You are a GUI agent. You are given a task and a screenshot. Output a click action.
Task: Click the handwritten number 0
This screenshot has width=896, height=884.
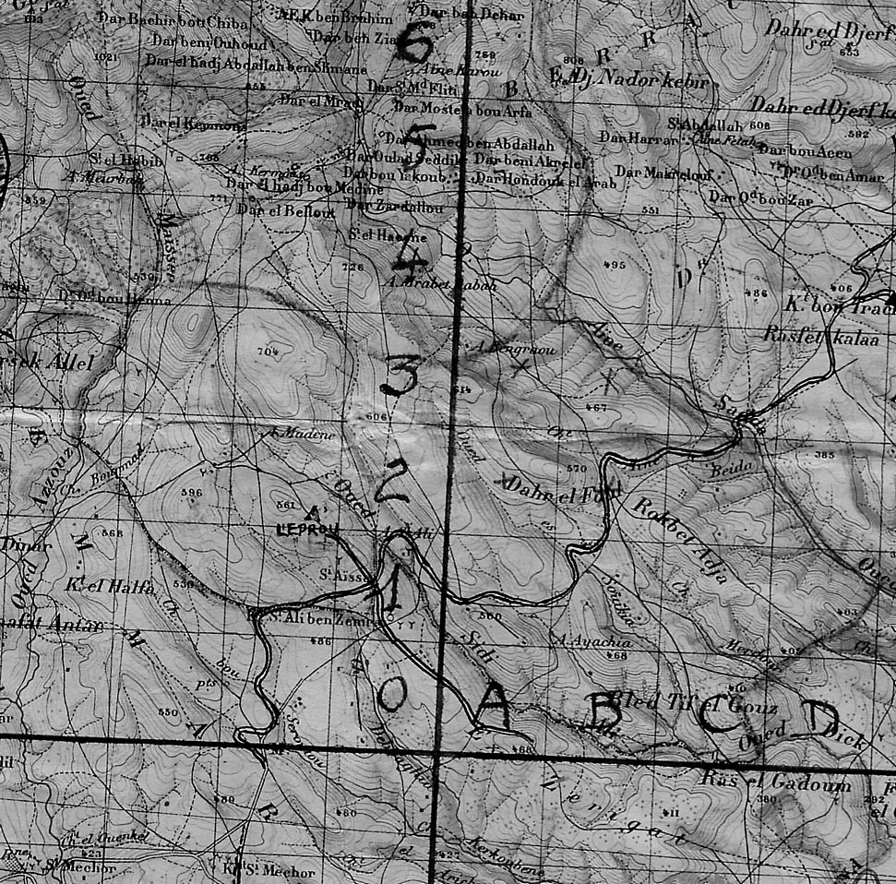pyautogui.click(x=391, y=693)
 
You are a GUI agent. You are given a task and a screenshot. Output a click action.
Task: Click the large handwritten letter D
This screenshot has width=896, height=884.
pyautogui.click(x=818, y=717)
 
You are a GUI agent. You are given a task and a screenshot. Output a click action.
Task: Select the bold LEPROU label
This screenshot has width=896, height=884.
pyautogui.click(x=308, y=529)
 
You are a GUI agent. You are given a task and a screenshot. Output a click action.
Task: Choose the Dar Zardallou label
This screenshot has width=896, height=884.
pyautogui.click(x=399, y=207)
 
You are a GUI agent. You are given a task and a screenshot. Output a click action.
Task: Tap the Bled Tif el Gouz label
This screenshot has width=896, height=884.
pyautogui.click(x=694, y=703)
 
